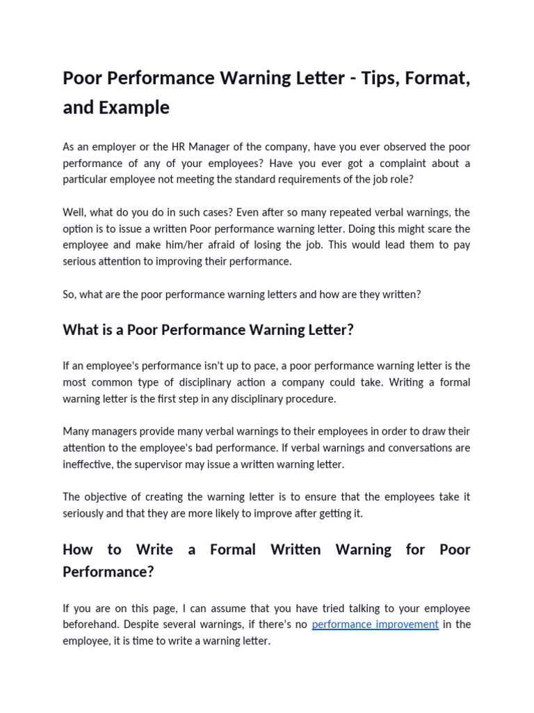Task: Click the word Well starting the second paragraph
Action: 74,212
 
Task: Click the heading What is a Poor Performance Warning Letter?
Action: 208,330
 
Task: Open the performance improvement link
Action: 375,625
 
